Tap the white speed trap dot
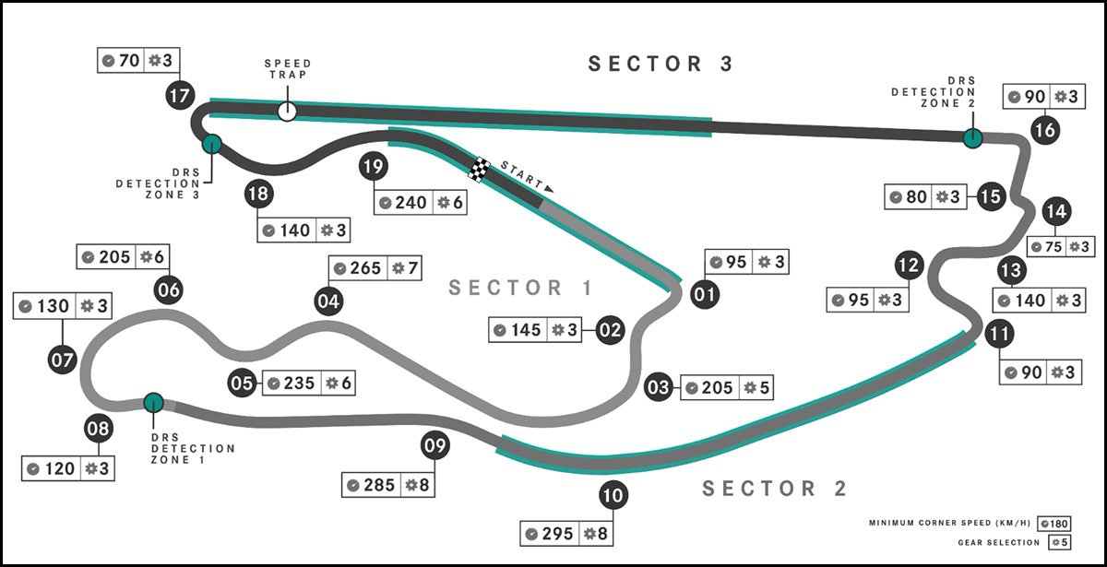pyautogui.click(x=287, y=111)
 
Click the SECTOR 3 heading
pyautogui.click(x=661, y=64)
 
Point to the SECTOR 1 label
pyautogui.click(x=520, y=288)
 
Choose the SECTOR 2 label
pyautogui.click(x=774, y=489)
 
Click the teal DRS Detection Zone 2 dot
pyautogui.click(x=971, y=138)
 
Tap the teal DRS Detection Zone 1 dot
pyautogui.click(x=153, y=402)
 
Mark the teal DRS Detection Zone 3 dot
pyautogui.click(x=212, y=143)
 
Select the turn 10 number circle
pyautogui.click(x=613, y=497)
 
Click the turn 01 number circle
pyautogui.click(x=705, y=294)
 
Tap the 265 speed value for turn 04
pyautogui.click(x=365, y=268)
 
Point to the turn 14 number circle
pyautogui.click(x=1055, y=211)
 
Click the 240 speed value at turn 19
pyautogui.click(x=410, y=202)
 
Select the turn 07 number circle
pyautogui.click(x=62, y=360)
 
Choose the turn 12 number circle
pyautogui.click(x=909, y=266)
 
